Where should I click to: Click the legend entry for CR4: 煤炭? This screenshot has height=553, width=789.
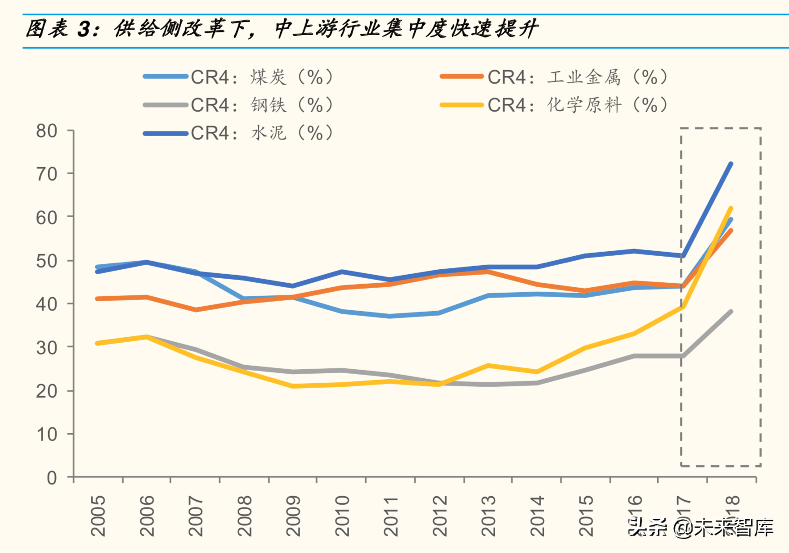click(x=238, y=77)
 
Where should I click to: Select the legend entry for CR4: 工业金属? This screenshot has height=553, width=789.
click(x=553, y=77)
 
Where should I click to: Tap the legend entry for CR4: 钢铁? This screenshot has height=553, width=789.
click(x=238, y=105)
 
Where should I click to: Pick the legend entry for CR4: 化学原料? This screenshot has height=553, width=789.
click(x=553, y=105)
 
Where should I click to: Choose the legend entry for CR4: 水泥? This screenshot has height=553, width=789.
click(x=238, y=133)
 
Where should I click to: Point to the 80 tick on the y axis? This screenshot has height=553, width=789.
click(x=47, y=131)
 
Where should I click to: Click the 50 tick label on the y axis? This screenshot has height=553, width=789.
click(x=47, y=261)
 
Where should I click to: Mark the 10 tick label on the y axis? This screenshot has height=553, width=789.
click(x=47, y=434)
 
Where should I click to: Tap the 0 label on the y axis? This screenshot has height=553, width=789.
click(x=52, y=478)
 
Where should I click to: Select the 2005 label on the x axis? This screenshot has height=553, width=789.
click(x=98, y=516)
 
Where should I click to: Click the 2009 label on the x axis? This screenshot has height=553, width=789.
click(x=293, y=516)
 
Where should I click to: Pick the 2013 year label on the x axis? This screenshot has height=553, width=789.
click(x=488, y=516)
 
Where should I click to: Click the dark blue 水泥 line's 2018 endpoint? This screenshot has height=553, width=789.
click(x=731, y=164)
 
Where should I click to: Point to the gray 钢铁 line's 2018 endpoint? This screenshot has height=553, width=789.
click(x=731, y=312)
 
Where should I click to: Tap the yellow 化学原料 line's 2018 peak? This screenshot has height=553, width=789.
click(x=731, y=209)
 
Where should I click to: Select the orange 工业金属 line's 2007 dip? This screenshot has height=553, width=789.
click(x=196, y=310)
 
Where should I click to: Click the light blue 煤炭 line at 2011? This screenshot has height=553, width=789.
click(x=390, y=316)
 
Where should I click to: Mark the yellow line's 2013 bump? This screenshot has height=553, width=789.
click(x=488, y=366)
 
